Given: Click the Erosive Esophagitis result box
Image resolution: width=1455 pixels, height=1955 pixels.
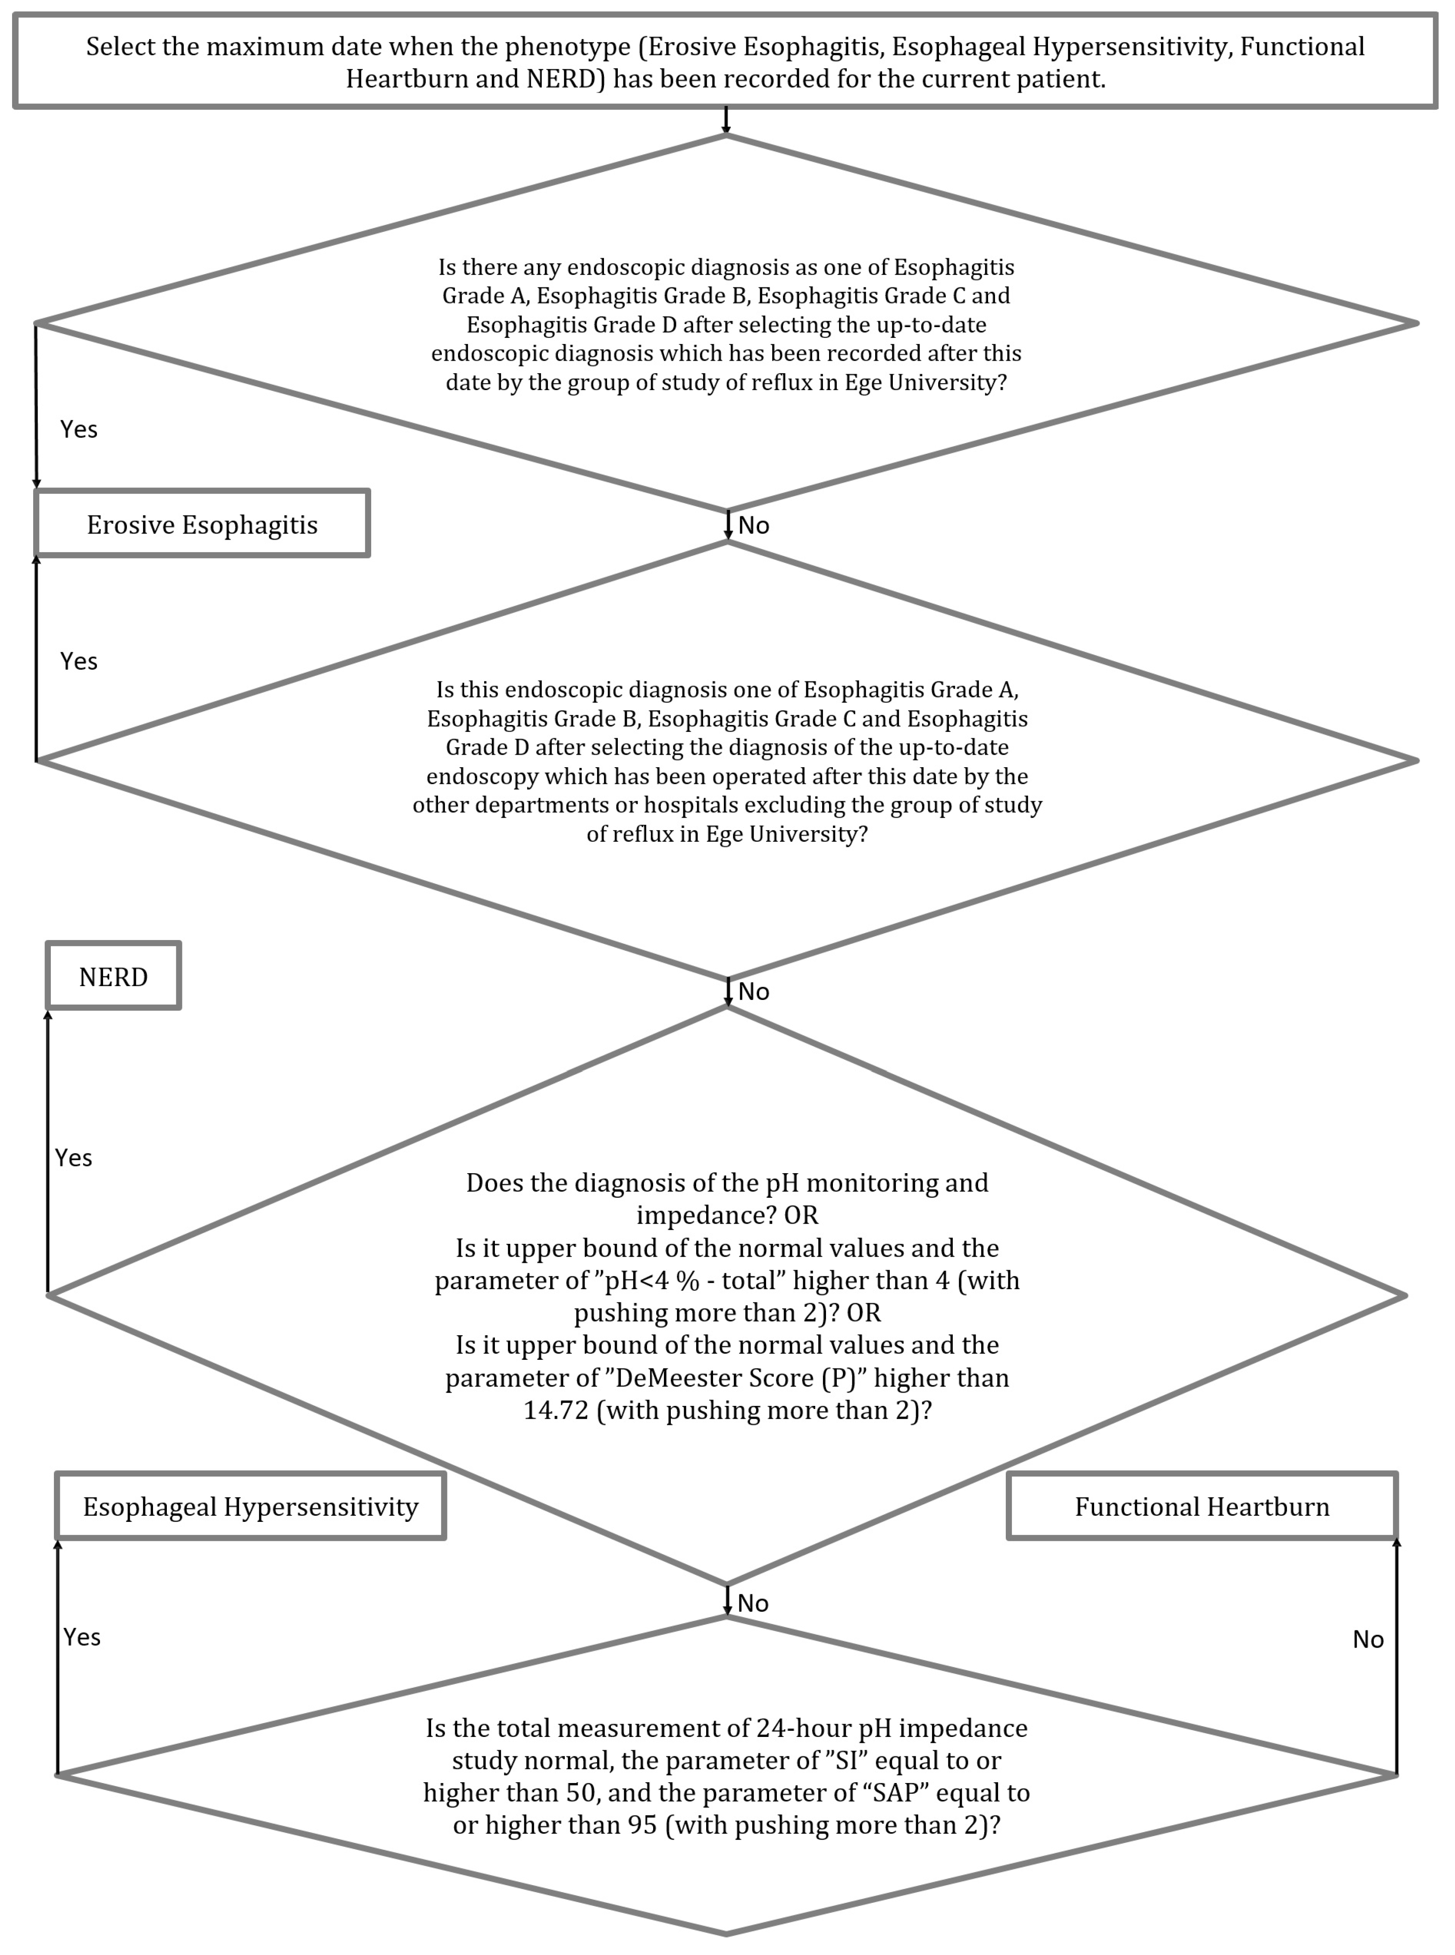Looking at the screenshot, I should point(202,525).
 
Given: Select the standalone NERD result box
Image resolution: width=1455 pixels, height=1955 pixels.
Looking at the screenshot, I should point(114,977).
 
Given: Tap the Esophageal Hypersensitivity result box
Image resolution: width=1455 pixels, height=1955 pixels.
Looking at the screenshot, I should point(250,1507).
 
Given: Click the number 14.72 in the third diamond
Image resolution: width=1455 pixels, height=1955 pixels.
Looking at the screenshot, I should point(556,1410).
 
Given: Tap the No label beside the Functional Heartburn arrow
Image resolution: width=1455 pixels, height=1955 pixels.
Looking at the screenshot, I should point(1368,1640).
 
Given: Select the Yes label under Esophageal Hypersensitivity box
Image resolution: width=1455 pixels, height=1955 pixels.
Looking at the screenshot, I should point(82,1637).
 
